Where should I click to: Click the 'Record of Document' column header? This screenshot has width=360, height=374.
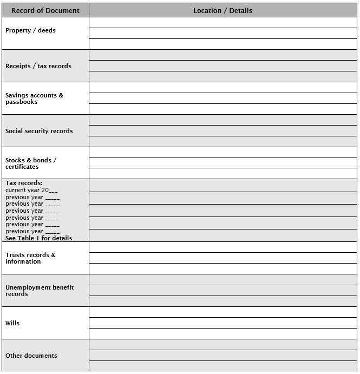45,10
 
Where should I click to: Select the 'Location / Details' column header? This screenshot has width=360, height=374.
222,10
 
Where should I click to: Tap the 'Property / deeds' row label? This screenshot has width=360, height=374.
30,31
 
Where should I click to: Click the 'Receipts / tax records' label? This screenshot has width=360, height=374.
38,66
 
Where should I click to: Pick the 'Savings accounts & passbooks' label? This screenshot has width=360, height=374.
34,99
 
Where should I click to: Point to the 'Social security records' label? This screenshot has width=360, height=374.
39,131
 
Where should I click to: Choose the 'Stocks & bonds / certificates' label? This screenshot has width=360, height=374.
31,163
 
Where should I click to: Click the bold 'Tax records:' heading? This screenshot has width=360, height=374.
24,183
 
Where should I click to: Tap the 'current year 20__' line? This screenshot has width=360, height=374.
31,190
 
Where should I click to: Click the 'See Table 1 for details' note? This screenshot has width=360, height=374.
38,238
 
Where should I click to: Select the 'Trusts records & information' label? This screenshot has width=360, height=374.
30,258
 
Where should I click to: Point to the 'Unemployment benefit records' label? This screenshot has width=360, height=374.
40,291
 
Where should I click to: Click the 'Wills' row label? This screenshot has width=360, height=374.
12,323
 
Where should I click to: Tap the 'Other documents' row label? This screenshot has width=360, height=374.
31,356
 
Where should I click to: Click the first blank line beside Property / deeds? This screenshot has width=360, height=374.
222,23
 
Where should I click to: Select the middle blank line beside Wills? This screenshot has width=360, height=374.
222,323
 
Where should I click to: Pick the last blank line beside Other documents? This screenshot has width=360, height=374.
222,366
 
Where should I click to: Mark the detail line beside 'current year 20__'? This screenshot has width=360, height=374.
222,186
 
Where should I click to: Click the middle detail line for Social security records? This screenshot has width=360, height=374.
222,131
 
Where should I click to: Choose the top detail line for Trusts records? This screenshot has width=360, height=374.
222,247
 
